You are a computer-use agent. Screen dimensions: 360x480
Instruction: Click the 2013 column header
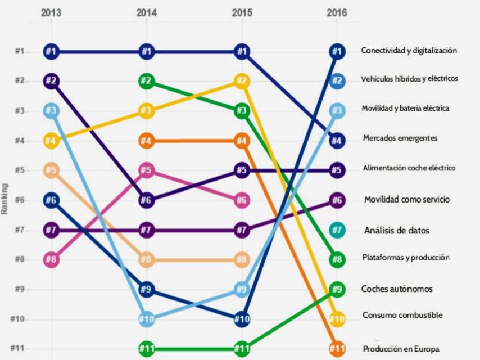(51, 13)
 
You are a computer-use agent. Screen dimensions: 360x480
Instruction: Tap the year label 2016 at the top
(336, 13)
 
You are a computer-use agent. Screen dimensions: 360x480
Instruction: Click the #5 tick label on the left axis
(19, 170)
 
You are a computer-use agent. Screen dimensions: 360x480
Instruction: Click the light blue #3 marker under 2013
(51, 111)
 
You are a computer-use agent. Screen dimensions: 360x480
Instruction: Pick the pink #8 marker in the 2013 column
(51, 260)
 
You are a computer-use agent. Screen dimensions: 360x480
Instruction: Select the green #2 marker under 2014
(146, 81)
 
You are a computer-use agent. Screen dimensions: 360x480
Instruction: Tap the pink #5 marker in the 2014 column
(146, 170)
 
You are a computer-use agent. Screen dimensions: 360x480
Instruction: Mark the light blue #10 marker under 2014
(146, 319)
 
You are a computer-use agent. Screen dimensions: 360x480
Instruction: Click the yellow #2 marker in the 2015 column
(241, 81)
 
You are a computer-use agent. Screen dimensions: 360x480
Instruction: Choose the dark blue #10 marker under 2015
(241, 319)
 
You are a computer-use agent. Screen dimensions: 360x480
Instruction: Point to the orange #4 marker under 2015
(241, 141)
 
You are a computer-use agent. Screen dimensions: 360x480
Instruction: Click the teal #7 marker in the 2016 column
(337, 230)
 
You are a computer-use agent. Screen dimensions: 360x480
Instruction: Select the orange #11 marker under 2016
(337, 349)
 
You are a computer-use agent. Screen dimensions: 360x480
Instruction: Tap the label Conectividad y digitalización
(409, 51)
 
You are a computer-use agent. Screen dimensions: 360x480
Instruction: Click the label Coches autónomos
(397, 289)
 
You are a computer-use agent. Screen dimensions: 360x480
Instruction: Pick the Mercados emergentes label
(400, 138)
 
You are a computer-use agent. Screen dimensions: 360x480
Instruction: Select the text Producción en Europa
(401, 349)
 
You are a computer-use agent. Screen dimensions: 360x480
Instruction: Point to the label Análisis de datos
(396, 230)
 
